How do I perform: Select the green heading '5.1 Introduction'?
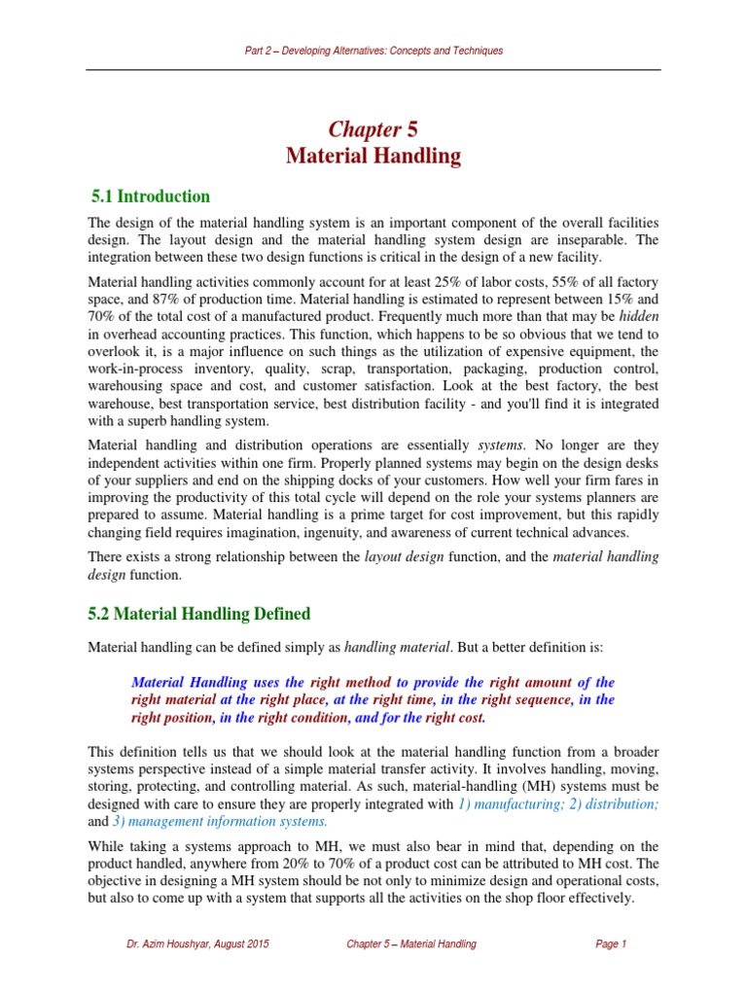[x=149, y=196]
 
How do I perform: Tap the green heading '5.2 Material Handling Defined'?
[x=199, y=614]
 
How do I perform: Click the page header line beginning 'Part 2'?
[x=373, y=51]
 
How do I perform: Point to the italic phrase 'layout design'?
[x=401, y=557]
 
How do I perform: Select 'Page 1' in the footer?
[x=611, y=944]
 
